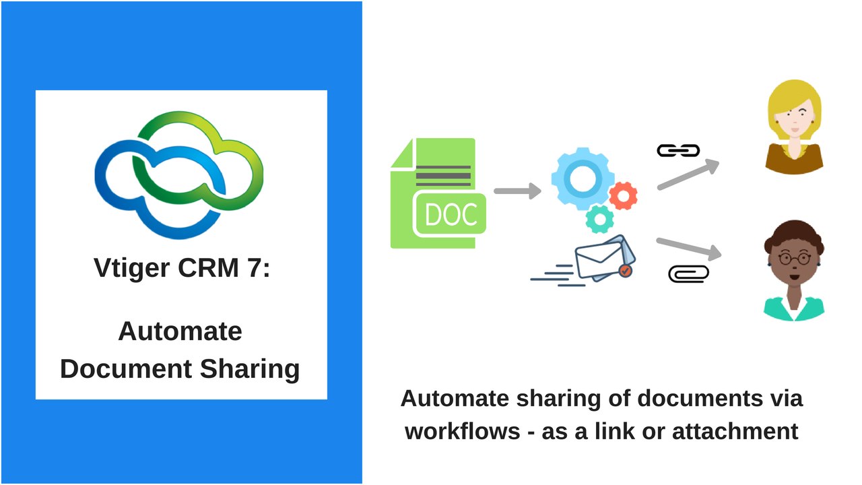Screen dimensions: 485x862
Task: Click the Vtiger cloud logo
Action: tap(178, 175)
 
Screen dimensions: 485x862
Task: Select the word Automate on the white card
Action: tap(180, 331)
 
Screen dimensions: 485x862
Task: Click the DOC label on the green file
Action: tap(451, 214)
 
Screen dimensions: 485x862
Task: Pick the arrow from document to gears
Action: tap(517, 191)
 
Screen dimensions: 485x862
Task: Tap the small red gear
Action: tap(623, 195)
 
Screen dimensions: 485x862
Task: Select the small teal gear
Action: tap(599, 219)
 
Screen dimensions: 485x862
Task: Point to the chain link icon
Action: tap(678, 151)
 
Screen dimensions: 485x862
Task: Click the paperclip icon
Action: tap(688, 273)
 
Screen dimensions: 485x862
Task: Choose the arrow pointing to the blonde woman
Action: tap(688, 174)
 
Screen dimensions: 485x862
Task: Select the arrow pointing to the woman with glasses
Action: tap(688, 247)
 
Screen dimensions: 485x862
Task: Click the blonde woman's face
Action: tap(795, 122)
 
